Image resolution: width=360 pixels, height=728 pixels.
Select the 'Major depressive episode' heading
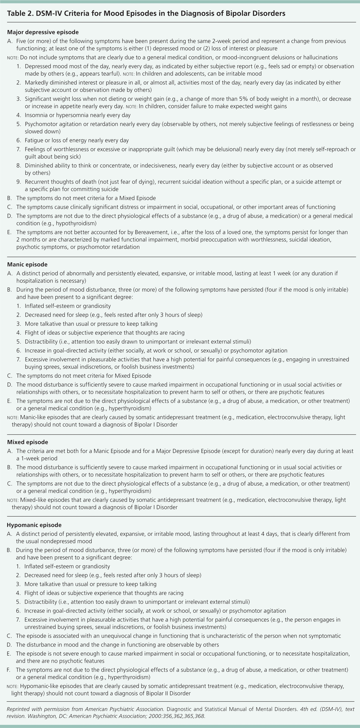[43, 32]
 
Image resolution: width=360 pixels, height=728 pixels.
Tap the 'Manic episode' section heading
[27, 264]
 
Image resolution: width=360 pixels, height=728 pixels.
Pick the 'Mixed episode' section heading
[27, 442]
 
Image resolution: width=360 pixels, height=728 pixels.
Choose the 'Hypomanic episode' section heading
[34, 525]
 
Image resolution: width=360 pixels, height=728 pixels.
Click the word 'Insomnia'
[36, 115]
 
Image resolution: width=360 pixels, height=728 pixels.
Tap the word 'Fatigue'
[34, 140]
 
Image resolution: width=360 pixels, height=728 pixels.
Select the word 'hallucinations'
[321, 57]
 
